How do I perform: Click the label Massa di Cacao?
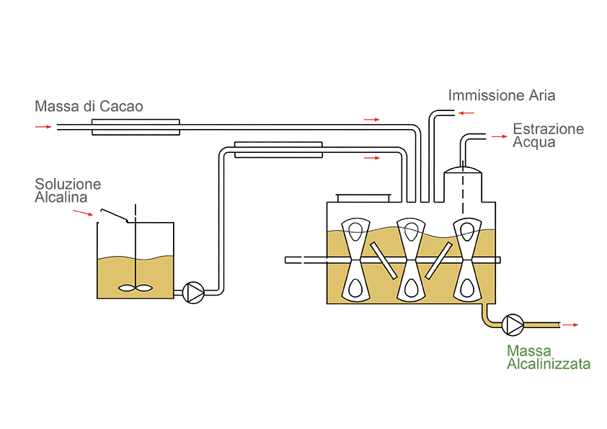click(x=89, y=107)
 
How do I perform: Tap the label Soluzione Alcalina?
click(x=68, y=190)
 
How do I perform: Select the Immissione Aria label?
click(x=501, y=95)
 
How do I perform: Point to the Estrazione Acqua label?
click(x=547, y=135)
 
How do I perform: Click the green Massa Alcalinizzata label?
click(x=548, y=357)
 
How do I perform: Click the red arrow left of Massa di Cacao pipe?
click(x=43, y=127)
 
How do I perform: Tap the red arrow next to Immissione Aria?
click(x=466, y=113)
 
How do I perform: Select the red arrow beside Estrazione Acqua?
click(x=498, y=136)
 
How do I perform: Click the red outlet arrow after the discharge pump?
click(x=570, y=325)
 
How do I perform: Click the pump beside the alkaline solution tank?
click(x=193, y=292)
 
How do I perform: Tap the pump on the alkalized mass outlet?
click(x=513, y=325)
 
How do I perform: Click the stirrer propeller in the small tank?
click(x=135, y=288)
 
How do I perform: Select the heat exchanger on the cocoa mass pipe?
click(x=135, y=127)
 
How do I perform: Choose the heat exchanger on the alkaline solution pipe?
click(x=278, y=149)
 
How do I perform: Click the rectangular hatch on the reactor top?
click(x=363, y=197)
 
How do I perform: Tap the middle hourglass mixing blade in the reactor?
click(x=412, y=259)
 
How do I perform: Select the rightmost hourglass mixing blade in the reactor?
click(x=466, y=259)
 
